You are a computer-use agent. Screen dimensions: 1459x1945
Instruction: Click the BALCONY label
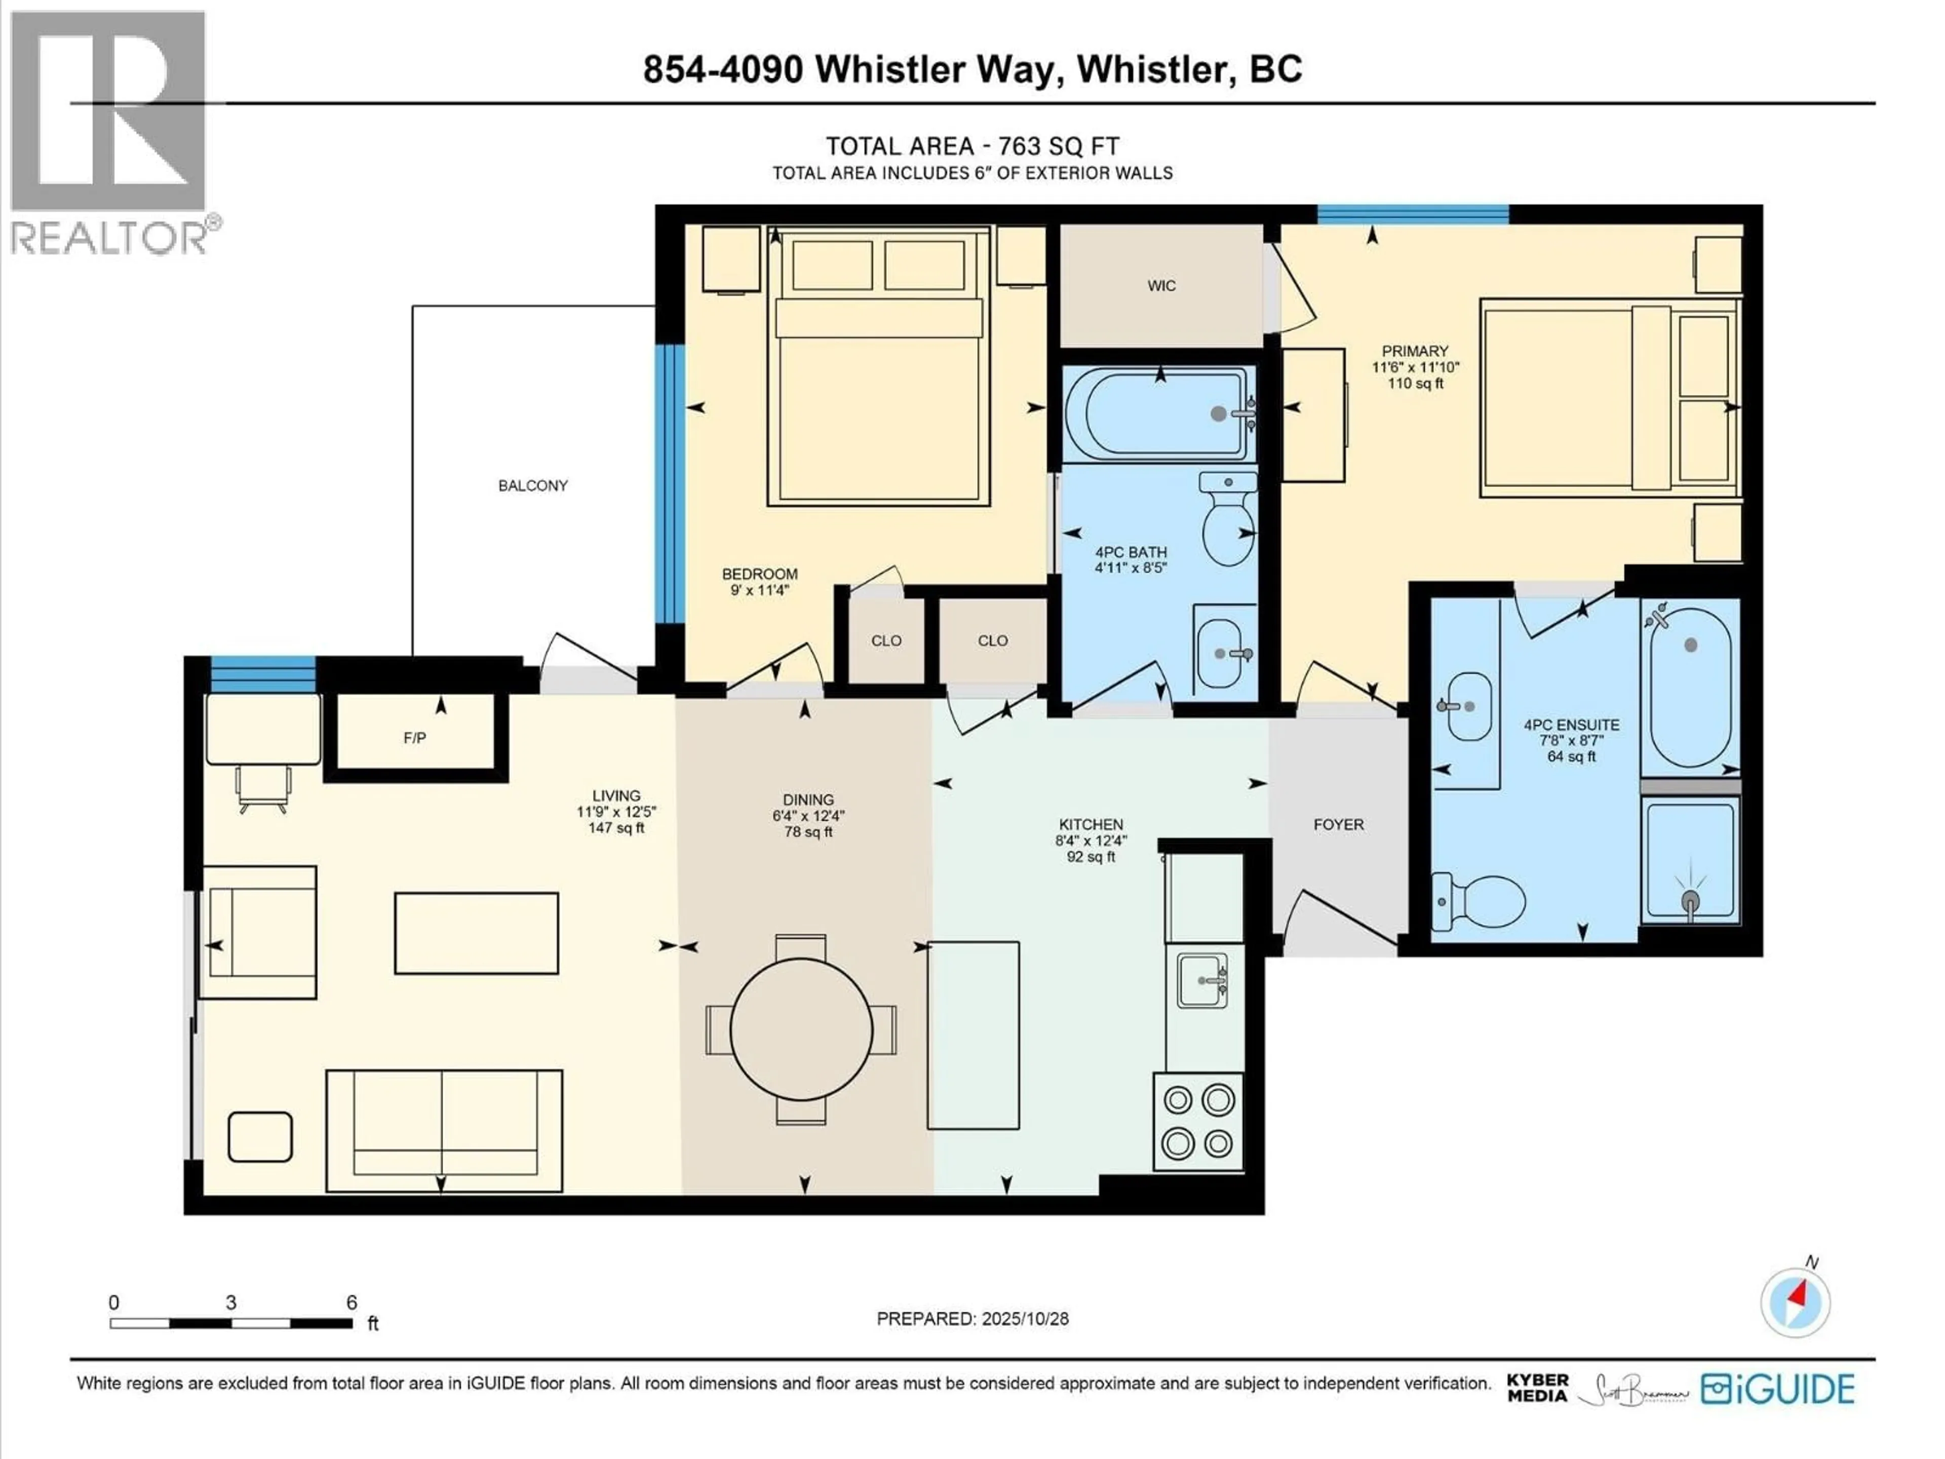tap(533, 485)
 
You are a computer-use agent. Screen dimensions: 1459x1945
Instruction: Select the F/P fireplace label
tap(415, 738)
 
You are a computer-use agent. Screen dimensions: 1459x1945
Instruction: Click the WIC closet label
tap(1161, 286)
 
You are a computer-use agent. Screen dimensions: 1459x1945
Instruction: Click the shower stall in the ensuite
tap(1690, 862)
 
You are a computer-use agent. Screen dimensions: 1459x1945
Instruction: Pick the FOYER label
tap(1338, 825)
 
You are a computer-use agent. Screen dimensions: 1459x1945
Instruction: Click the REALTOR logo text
tap(110, 238)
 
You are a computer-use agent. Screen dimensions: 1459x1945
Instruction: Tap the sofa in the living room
tap(444, 1130)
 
